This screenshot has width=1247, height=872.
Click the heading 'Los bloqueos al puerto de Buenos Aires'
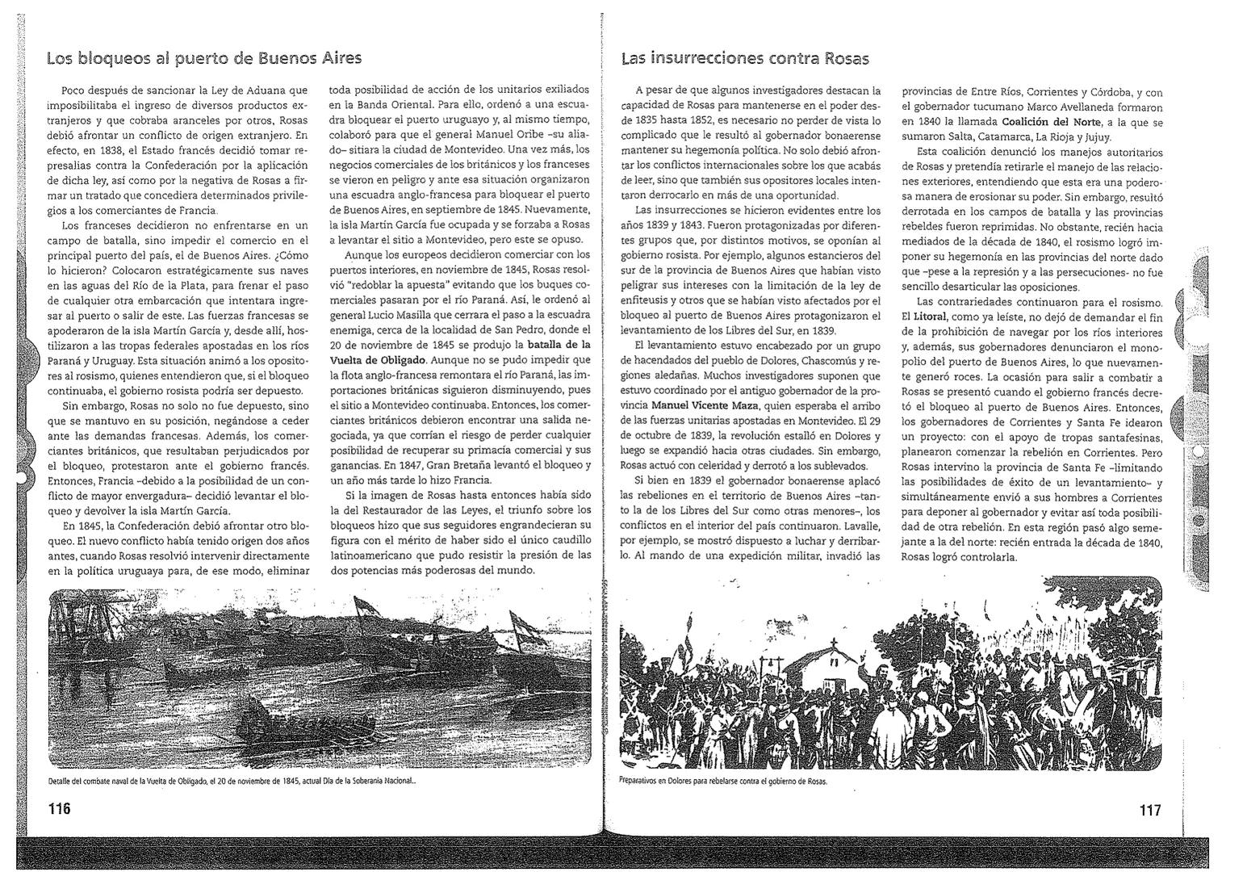(203, 58)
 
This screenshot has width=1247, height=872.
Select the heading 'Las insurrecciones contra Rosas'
(745, 58)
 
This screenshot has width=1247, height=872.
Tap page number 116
(60, 809)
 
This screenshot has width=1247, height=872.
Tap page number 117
(1150, 810)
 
